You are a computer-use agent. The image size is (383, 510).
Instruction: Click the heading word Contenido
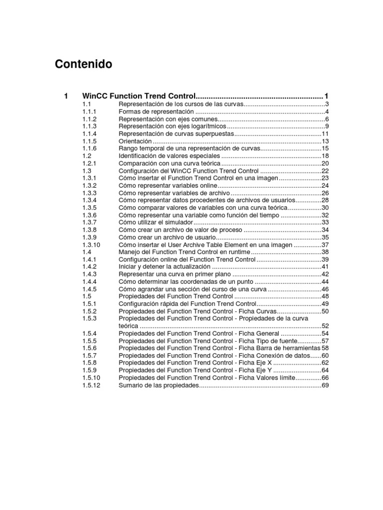[x=83, y=64]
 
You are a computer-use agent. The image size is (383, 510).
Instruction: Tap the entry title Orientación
[x=135, y=141]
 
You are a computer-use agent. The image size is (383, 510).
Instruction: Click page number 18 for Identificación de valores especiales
[x=325, y=156]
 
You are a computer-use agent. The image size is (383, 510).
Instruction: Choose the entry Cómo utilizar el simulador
[x=156, y=222]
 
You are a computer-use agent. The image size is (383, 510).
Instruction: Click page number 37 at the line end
[x=325, y=245]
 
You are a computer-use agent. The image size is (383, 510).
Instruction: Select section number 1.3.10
[x=91, y=245]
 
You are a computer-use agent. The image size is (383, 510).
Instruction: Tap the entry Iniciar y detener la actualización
[x=165, y=266]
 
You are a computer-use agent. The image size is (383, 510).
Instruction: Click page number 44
[x=325, y=281]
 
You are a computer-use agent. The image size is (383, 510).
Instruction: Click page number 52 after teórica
[x=325, y=326]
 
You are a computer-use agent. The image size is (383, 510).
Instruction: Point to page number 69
[x=325, y=386]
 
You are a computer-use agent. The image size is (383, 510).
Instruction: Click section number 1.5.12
[x=91, y=386]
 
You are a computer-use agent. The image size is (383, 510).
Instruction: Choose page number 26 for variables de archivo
[x=325, y=193]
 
